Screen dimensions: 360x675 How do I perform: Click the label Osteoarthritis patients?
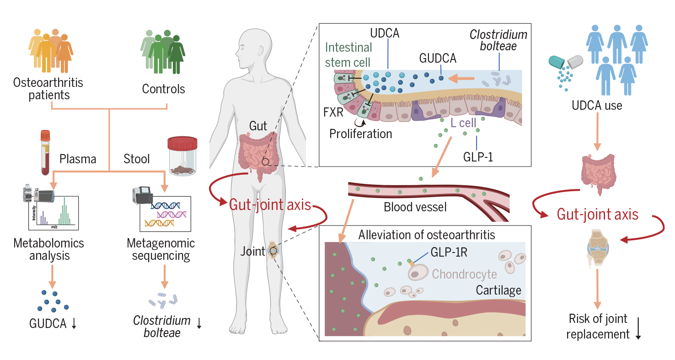[x=42, y=89]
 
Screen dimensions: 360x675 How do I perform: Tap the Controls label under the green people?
[x=163, y=89]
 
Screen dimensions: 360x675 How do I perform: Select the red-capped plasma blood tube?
[x=45, y=153]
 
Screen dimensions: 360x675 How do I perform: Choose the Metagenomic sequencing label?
[x=161, y=249]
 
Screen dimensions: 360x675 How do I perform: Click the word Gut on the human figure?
[x=258, y=126]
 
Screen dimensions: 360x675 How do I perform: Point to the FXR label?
[x=333, y=112]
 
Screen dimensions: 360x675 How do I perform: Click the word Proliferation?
[x=362, y=134]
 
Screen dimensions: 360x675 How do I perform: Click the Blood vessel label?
[x=415, y=207]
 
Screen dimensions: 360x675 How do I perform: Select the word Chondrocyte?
[x=464, y=274]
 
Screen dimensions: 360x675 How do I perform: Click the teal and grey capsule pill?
[x=567, y=63]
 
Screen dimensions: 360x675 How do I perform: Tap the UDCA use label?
[x=597, y=105]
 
